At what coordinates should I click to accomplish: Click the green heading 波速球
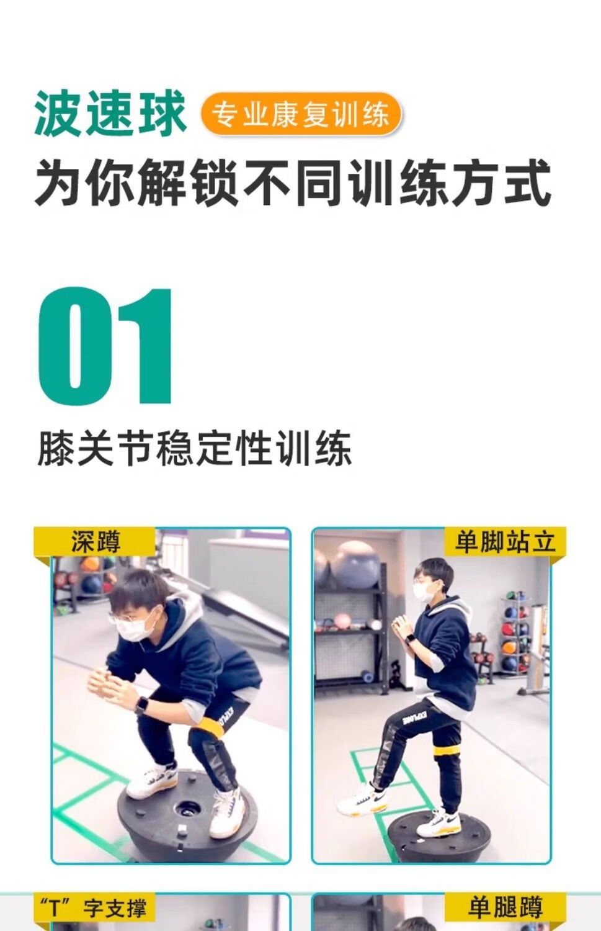110,113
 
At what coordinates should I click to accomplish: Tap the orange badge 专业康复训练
301,114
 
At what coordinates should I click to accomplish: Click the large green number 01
105,346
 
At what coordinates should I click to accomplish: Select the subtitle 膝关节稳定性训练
194,449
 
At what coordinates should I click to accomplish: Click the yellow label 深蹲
95,542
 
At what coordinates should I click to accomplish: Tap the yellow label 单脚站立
505,542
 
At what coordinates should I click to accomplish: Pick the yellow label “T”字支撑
94,907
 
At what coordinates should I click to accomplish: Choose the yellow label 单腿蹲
505,907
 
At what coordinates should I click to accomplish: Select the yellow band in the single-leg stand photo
447,752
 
